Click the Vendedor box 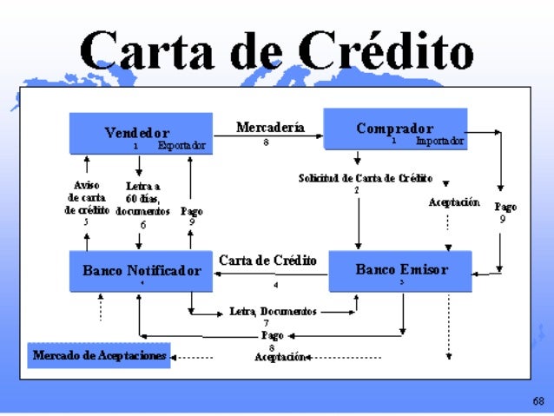tap(142, 135)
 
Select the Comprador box tap(395, 129)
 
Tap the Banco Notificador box tap(142, 271)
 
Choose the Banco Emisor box tap(400, 270)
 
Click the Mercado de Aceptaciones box tap(99, 356)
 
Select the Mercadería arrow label tap(270, 128)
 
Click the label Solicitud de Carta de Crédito tap(365, 178)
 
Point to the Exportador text tap(181, 146)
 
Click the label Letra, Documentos tap(273, 311)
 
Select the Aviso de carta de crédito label tap(87, 198)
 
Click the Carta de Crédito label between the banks tap(267, 260)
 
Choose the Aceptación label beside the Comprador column tap(454, 202)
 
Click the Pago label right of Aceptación tap(505, 208)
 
